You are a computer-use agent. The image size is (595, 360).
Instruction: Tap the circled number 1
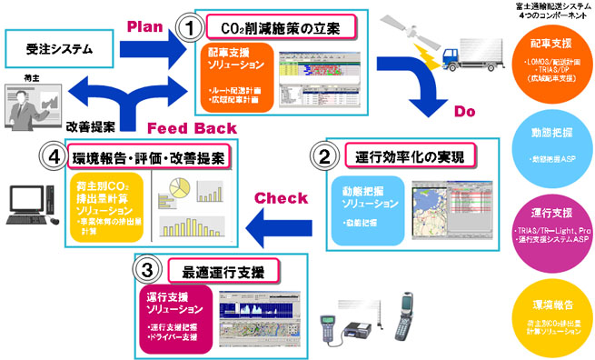(x=189, y=28)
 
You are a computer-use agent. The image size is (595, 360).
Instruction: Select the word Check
(x=272, y=198)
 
